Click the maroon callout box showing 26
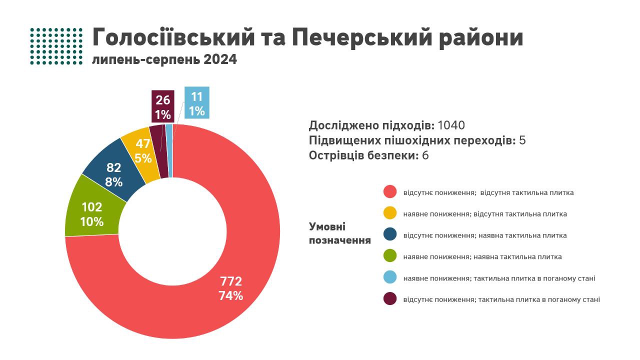(163, 106)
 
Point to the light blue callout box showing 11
(196, 103)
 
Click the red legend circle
(390, 192)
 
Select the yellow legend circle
(390, 213)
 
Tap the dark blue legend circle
(390, 235)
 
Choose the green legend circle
(390, 256)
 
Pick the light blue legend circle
(390, 277)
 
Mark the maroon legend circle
(390, 299)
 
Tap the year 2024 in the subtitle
(220, 60)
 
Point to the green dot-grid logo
(56, 46)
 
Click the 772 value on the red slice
(230, 281)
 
